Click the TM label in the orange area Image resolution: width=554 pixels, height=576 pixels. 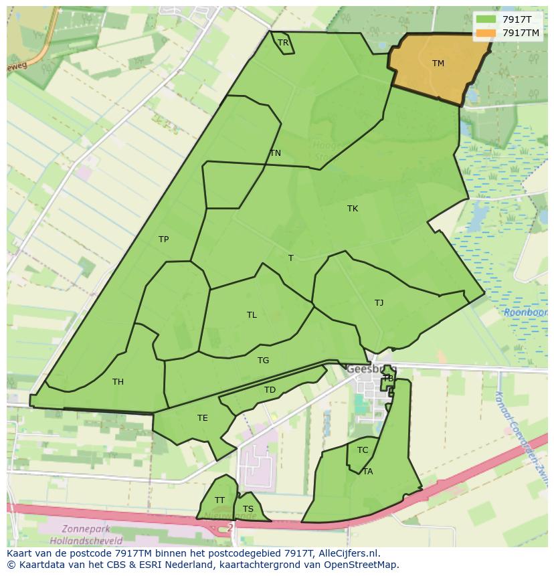click(438, 64)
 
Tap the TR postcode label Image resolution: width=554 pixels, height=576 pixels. click(283, 43)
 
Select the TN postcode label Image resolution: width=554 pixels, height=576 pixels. click(275, 153)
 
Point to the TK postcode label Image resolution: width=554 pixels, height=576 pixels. click(353, 209)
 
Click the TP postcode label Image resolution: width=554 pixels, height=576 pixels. click(163, 239)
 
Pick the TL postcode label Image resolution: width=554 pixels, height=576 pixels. click(252, 315)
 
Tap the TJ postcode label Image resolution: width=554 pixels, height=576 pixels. click(379, 303)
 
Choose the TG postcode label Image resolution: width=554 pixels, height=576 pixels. click(264, 361)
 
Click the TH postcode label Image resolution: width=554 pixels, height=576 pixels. click(118, 382)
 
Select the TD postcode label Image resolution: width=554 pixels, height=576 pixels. click(270, 390)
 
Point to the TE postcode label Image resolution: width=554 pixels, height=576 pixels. click(202, 418)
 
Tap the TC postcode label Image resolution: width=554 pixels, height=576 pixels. click(363, 450)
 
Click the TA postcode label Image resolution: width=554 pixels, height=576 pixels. click(367, 472)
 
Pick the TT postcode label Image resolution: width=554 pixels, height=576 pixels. click(219, 500)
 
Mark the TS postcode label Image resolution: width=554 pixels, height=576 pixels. click(248, 509)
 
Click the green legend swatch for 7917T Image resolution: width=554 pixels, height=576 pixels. click(486, 19)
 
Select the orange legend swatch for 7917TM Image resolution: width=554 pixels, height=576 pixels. click(486, 33)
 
